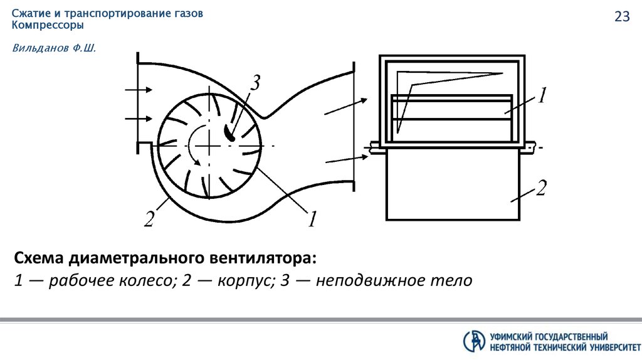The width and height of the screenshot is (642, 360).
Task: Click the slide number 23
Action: [x=622, y=18]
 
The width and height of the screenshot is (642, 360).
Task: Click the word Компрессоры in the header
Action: [x=48, y=26]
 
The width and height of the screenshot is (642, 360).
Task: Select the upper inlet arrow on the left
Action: [x=139, y=90]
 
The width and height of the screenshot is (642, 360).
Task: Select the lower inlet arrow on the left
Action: [x=139, y=118]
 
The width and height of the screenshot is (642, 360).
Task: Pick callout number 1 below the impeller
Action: [x=312, y=218]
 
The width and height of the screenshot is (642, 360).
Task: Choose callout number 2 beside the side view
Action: [x=542, y=188]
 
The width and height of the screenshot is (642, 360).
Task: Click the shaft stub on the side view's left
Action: [x=374, y=146]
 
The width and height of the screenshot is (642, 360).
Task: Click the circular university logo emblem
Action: [x=474, y=341]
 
